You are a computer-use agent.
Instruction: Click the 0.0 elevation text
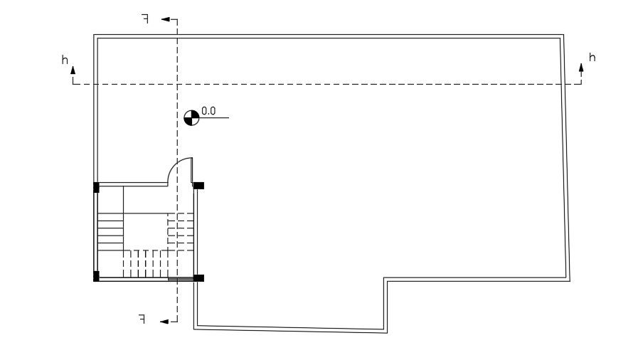(x=208, y=111)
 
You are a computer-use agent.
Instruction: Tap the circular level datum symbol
(x=191, y=117)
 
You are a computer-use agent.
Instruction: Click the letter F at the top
(x=144, y=19)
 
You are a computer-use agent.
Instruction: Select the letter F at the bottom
(x=142, y=319)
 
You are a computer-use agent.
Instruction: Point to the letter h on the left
(x=65, y=60)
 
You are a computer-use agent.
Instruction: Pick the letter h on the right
(x=592, y=57)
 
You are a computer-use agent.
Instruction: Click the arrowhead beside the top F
(x=165, y=20)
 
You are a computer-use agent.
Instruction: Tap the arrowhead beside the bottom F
(x=164, y=322)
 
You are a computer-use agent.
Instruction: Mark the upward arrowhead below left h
(x=73, y=70)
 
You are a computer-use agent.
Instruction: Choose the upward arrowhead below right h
(x=581, y=68)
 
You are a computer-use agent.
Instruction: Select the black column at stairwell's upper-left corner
(x=96, y=188)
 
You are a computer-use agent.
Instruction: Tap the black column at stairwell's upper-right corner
(x=198, y=186)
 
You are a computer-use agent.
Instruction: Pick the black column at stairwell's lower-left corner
(x=96, y=276)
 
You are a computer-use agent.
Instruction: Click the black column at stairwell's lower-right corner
(x=199, y=277)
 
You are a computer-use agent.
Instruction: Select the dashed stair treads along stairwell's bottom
(x=145, y=263)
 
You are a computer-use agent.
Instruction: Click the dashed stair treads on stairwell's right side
(x=180, y=229)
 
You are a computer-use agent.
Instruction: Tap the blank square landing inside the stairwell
(x=146, y=231)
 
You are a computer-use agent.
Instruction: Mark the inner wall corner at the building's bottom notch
(x=386, y=280)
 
